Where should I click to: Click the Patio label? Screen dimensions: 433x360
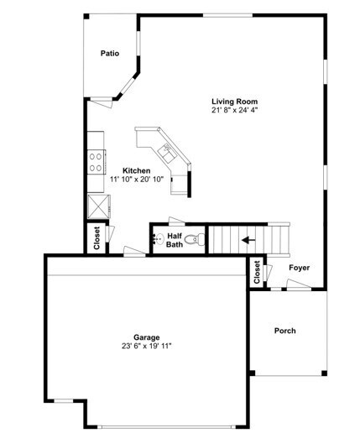pyautogui.click(x=110, y=54)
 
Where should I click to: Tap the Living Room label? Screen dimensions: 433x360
pyautogui.click(x=233, y=101)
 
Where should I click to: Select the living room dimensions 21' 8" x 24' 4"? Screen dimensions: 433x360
pyautogui.click(x=233, y=110)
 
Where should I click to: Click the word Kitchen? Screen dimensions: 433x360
pyautogui.click(x=137, y=170)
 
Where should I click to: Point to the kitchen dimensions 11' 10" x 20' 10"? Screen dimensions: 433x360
pyautogui.click(x=138, y=179)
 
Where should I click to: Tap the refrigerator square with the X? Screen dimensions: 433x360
pyautogui.click(x=97, y=204)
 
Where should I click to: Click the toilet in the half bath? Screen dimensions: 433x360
pyautogui.click(x=196, y=240)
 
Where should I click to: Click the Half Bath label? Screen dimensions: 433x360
pyautogui.click(x=175, y=240)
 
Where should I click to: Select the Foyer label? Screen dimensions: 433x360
pyautogui.click(x=300, y=268)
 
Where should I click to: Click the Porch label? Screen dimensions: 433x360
pyautogui.click(x=285, y=330)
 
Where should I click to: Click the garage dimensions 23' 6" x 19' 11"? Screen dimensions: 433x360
pyautogui.click(x=146, y=346)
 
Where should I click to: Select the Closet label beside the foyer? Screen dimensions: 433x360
pyautogui.click(x=257, y=271)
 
